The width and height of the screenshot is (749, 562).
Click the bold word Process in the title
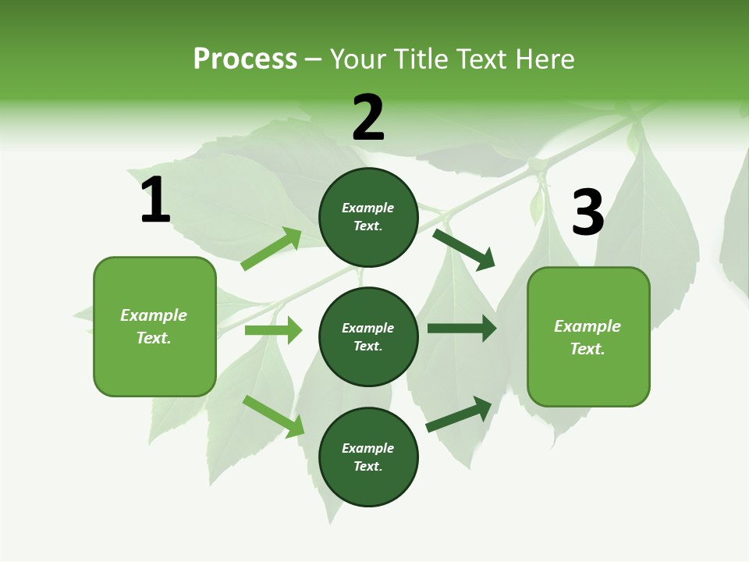(245, 59)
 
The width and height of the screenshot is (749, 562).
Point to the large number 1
(155, 201)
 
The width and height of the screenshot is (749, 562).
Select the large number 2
(368, 118)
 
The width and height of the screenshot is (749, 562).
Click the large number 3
(587, 213)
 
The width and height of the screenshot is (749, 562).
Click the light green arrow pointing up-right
(272, 249)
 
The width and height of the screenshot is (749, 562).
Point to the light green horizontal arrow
(273, 330)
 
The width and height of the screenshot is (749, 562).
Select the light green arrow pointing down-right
(274, 416)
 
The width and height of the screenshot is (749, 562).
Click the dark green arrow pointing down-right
(464, 249)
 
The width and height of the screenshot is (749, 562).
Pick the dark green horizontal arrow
(461, 329)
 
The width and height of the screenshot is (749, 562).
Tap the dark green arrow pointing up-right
(460, 414)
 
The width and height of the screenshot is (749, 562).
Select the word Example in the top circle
(368, 208)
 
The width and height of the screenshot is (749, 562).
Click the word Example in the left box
(154, 315)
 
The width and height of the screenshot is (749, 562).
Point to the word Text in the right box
(587, 349)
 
